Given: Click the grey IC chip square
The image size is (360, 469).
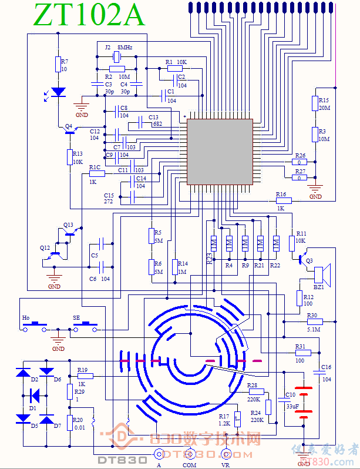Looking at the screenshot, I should [220, 152].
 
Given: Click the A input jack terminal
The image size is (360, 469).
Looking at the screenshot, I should [158, 453].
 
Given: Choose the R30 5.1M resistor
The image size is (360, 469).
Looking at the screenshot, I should [312, 322].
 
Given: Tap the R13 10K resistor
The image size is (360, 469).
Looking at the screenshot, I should [69, 158].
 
